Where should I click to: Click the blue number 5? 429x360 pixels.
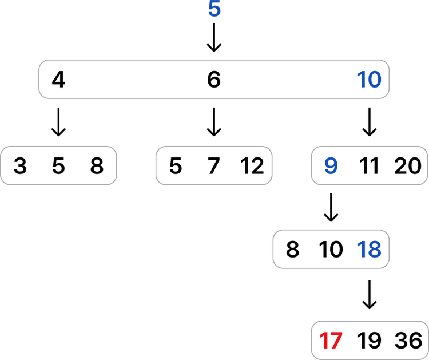(214, 10)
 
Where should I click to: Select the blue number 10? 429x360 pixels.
(370, 80)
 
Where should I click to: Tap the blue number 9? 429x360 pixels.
(331, 166)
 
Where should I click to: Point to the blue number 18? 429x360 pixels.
(370, 250)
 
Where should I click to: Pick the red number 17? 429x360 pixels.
(331, 341)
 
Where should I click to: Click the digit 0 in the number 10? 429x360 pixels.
(374, 80)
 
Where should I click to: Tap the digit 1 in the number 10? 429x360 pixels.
(361, 80)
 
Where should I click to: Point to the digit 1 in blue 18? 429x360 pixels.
(361, 250)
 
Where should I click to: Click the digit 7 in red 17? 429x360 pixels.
(335, 341)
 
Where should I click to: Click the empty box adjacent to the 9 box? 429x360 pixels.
(213, 165)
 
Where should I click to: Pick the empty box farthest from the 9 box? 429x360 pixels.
(59, 165)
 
